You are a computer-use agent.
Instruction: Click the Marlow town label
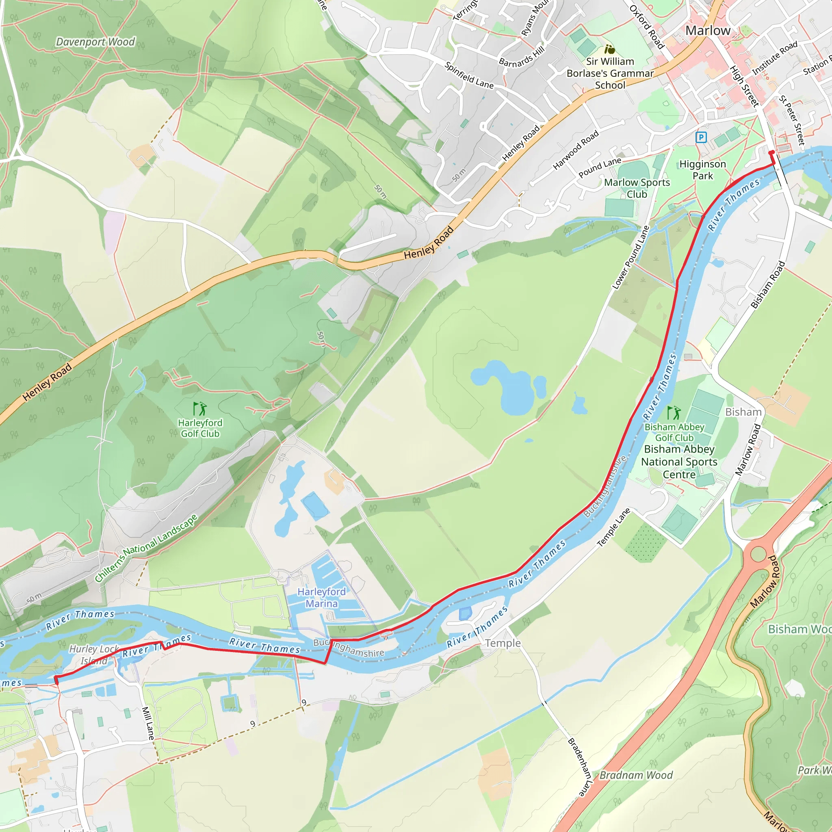708,30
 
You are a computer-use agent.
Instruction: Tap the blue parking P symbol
701,137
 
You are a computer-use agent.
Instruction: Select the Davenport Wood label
95,42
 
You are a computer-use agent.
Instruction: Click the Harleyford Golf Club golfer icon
200,408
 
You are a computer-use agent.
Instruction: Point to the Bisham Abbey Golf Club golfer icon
674,413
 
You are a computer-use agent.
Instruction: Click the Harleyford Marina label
321,598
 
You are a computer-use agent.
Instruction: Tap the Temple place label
503,643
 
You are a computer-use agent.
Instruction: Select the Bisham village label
743,412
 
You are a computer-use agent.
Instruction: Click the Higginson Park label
702,170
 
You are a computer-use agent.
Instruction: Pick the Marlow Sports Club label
637,188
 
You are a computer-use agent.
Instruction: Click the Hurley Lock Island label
94,654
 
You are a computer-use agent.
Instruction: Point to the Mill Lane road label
148,723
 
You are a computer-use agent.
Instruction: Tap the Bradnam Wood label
636,775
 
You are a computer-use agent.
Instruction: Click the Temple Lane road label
614,528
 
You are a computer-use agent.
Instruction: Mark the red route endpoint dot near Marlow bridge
771,153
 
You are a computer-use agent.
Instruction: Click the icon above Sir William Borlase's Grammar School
609,49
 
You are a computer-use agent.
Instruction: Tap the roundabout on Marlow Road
758,554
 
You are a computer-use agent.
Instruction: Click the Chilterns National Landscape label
146,547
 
